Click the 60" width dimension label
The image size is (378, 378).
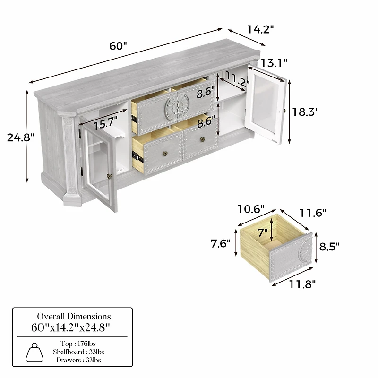pyautogui.click(x=119, y=46)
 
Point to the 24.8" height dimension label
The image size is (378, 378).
pyautogui.click(x=21, y=137)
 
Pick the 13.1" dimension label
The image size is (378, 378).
pyautogui.click(x=275, y=62)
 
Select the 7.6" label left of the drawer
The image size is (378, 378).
pyautogui.click(x=221, y=243)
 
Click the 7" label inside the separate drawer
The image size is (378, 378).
pyautogui.click(x=263, y=232)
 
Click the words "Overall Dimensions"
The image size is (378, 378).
pyautogui.click(x=74, y=316)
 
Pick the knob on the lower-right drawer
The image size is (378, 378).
pyautogui.click(x=202, y=139)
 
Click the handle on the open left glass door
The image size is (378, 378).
pyautogui.click(x=110, y=176)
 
